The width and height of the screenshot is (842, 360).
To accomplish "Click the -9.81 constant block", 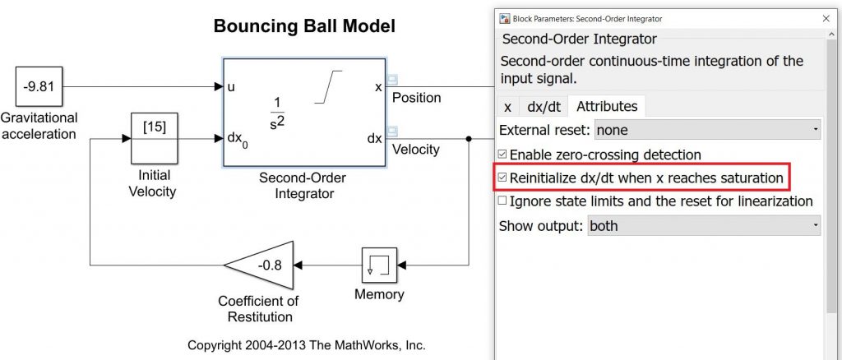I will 39,85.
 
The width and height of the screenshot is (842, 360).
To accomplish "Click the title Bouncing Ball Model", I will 304,26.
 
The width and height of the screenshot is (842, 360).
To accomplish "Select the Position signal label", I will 416,98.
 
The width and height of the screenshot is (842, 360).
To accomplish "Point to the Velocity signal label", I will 415,150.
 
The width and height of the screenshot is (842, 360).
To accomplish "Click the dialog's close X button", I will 826,18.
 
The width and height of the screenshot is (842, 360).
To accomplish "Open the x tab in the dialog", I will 507,106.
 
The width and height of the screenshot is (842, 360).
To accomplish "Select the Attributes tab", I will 606,106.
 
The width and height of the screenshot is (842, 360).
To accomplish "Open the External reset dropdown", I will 707,130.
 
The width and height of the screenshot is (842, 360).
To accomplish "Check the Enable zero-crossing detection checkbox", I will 503,155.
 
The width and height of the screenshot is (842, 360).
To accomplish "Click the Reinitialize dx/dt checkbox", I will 503,178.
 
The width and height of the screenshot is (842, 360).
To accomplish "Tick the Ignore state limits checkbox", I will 503,201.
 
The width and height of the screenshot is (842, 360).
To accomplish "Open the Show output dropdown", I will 704,225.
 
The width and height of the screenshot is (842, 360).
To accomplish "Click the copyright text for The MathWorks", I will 306,345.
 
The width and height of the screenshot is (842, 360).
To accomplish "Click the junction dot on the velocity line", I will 469,139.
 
